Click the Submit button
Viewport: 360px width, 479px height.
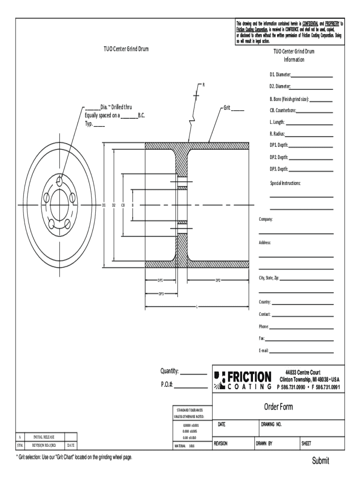point(321,461)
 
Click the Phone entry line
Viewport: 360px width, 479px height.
point(302,327)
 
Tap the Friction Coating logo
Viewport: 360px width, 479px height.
point(243,379)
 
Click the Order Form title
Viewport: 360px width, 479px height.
point(279,407)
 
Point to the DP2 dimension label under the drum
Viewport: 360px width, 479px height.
point(218,281)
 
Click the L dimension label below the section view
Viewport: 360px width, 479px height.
point(196,307)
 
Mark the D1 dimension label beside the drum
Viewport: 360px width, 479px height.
point(104,205)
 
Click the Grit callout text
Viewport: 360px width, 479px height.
point(227,108)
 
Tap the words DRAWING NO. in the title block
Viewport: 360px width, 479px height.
point(271,425)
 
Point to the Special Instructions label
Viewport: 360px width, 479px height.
point(285,182)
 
